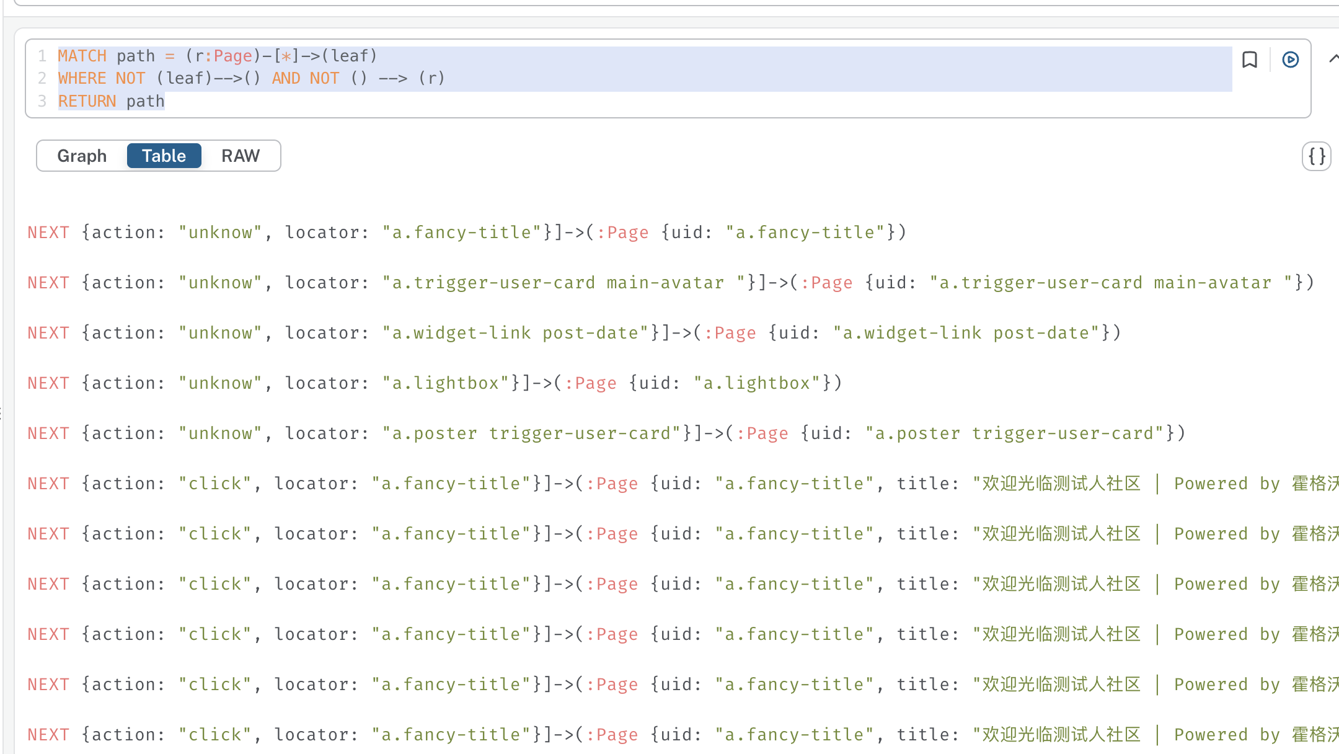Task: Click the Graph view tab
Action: (82, 156)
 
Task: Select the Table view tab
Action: (164, 156)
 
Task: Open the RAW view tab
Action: (241, 156)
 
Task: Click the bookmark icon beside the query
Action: (1250, 60)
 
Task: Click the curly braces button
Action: (1317, 156)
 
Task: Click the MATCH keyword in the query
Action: (82, 56)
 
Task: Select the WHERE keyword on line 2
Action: (82, 78)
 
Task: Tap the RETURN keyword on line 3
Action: (87, 101)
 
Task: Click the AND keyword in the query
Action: (286, 78)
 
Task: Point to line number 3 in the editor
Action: (42, 101)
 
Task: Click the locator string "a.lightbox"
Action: (446, 383)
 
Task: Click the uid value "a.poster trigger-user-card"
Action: (1015, 433)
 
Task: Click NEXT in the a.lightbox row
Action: (48, 383)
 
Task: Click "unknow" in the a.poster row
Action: (221, 433)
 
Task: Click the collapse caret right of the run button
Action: (1333, 59)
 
